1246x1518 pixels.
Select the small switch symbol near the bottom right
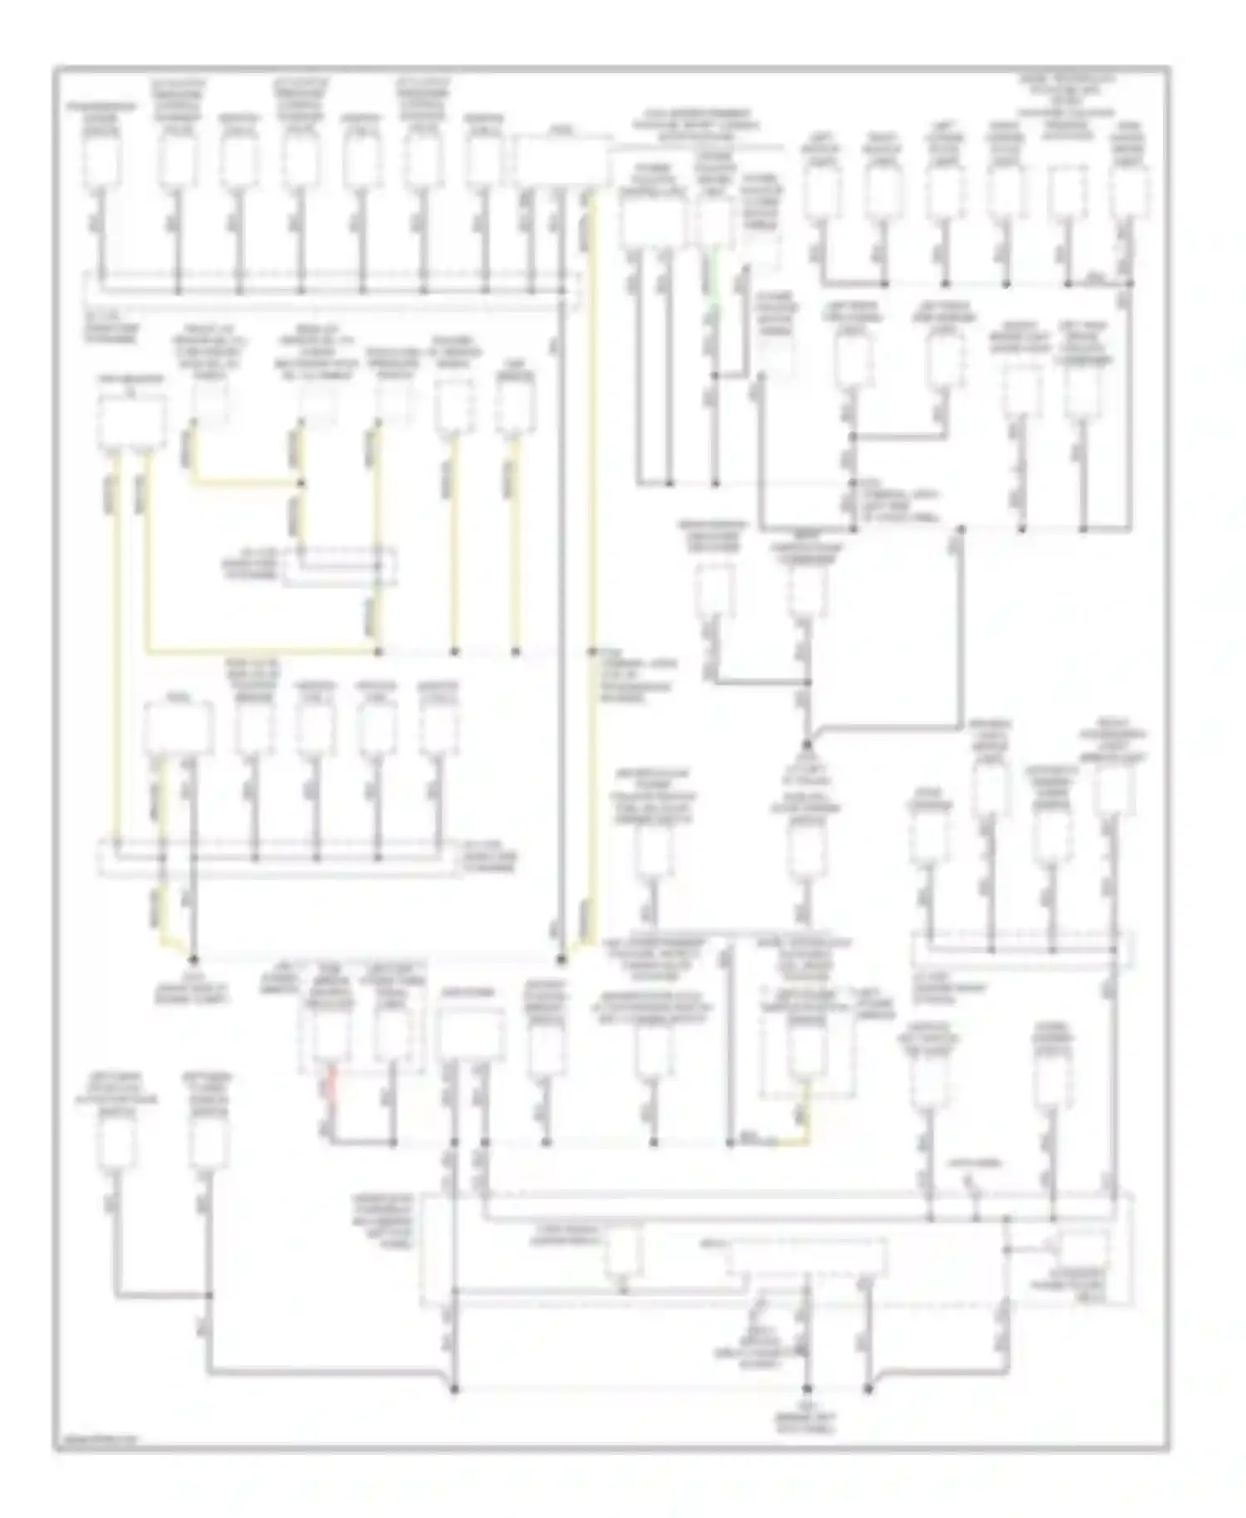point(979,1200)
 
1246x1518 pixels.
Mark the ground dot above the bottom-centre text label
point(807,1388)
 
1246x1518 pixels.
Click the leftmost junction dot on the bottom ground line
point(454,1388)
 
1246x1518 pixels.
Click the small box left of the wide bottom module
point(623,1251)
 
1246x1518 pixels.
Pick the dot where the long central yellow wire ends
point(562,961)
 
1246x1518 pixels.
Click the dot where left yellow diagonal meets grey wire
point(193,959)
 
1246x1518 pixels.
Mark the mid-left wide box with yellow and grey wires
point(178,731)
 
